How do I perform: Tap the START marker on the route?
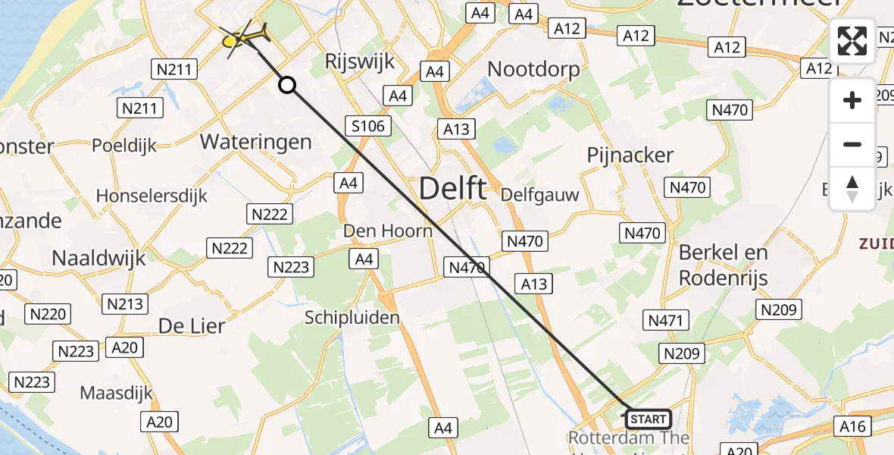coord(648,419)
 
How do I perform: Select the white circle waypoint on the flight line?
coord(287,85)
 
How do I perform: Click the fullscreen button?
coord(852,41)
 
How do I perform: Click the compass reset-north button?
coord(852,188)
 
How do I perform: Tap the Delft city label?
coord(452,188)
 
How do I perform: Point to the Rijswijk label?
coord(359,61)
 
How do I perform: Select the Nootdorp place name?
coord(533,70)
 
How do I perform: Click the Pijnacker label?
coord(630,155)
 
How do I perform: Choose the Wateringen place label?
coord(255,142)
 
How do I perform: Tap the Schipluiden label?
coord(352,318)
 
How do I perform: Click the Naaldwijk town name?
coord(98,258)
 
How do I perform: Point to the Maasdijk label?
coord(117,394)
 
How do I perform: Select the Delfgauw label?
coord(539,195)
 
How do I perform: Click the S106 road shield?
coord(368,127)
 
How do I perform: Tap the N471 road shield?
coord(665,320)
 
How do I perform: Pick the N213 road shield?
coord(125,304)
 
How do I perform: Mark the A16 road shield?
coord(852,425)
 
